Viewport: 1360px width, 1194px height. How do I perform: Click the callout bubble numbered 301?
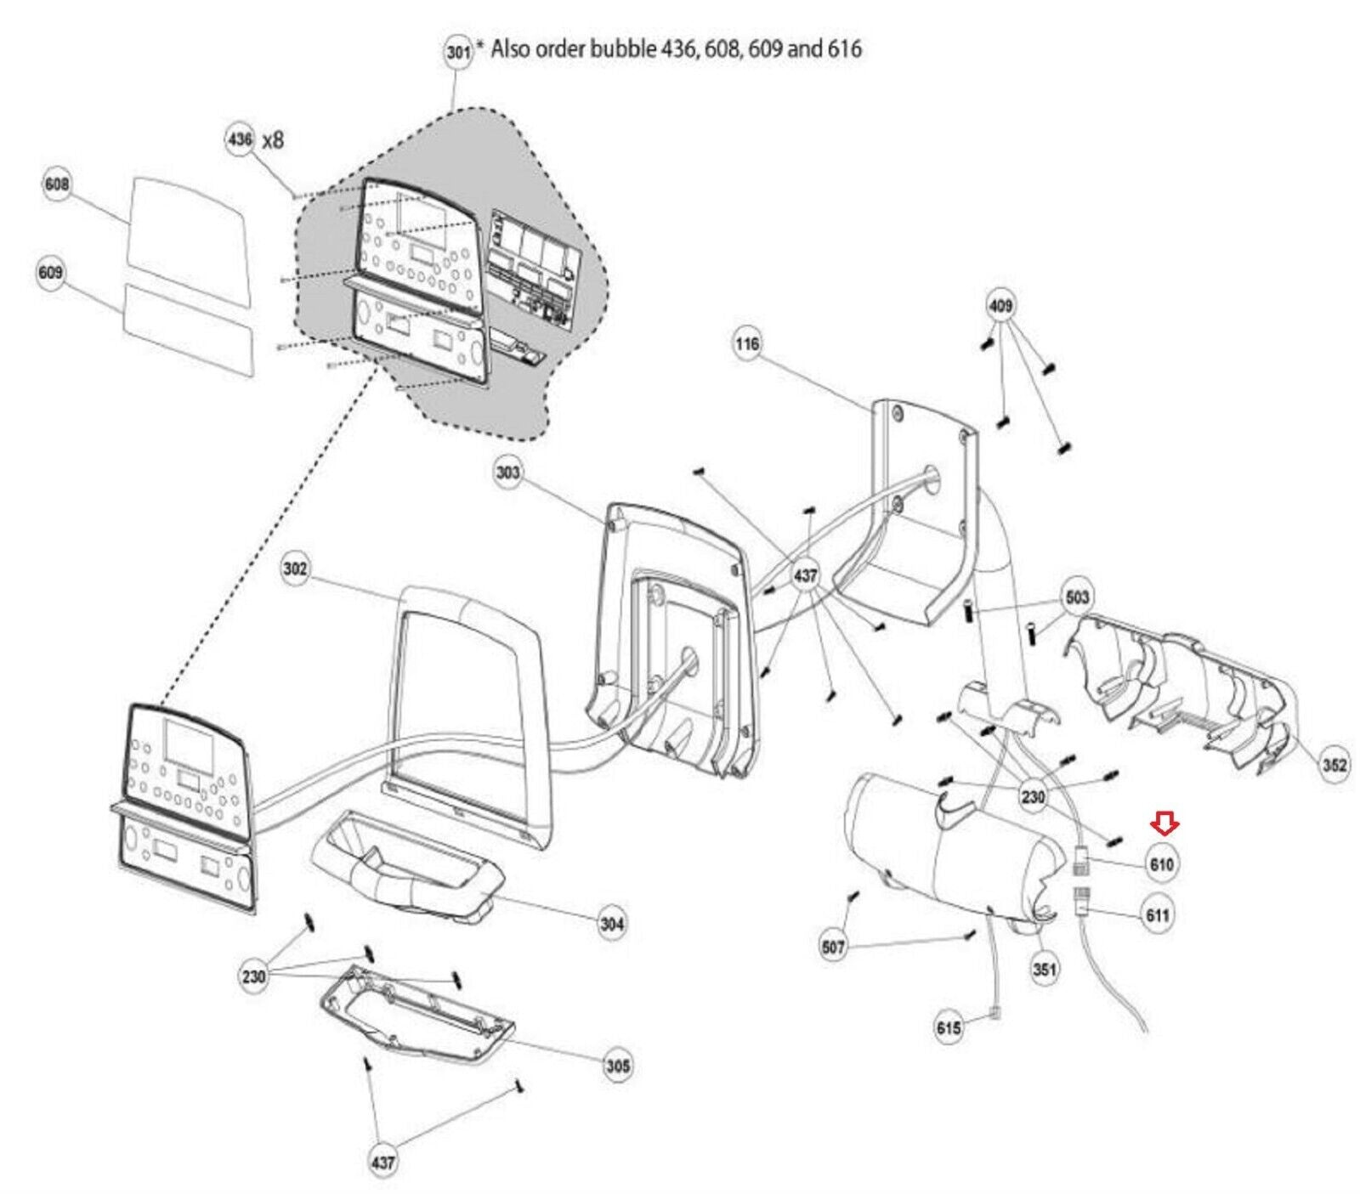[x=458, y=53]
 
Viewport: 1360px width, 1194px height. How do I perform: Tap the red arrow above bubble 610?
[x=1164, y=823]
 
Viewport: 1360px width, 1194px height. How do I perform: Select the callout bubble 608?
[x=57, y=184]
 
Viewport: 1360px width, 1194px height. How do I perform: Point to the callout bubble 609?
[x=51, y=273]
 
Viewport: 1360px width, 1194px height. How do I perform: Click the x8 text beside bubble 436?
[x=273, y=139]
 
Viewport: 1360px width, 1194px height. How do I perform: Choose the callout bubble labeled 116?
[x=748, y=344]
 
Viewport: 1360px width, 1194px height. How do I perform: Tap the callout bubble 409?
[x=1001, y=305]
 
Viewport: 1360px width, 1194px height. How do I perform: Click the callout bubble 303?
[x=507, y=472]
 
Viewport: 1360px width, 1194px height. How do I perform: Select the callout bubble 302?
[x=295, y=569]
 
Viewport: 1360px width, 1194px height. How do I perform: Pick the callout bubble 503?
[x=1077, y=597]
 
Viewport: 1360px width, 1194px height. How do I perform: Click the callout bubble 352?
[x=1334, y=765]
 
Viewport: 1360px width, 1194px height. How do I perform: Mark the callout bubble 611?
[x=1158, y=915]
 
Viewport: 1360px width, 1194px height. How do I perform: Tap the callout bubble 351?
[x=1044, y=969]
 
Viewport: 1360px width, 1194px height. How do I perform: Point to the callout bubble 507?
[x=834, y=946]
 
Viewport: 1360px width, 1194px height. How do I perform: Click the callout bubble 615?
[x=949, y=1027]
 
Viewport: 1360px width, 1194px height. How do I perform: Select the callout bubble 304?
[x=612, y=923]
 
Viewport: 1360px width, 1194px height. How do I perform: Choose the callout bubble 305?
[x=618, y=1065]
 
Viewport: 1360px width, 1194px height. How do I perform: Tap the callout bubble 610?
[x=1161, y=864]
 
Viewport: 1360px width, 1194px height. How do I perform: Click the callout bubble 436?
[x=241, y=138]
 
